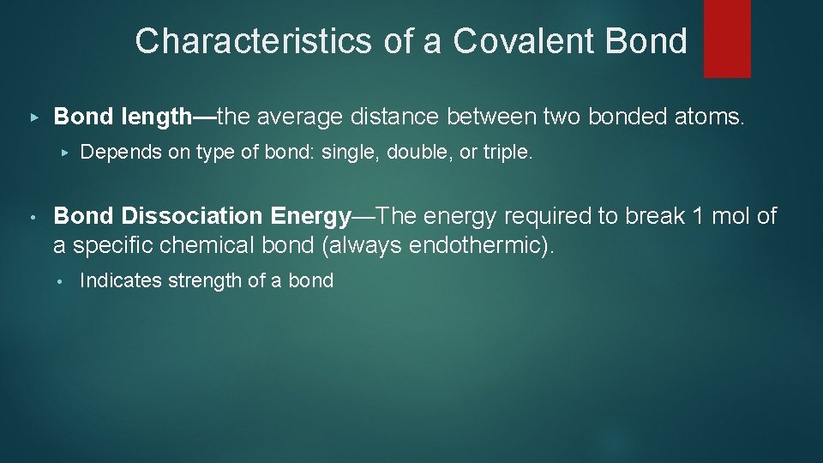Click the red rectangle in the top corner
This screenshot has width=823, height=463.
tap(727, 38)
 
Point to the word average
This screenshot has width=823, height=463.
tap(323, 117)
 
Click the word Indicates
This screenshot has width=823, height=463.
tap(117, 280)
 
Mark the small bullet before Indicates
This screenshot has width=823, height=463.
tap(60, 280)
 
